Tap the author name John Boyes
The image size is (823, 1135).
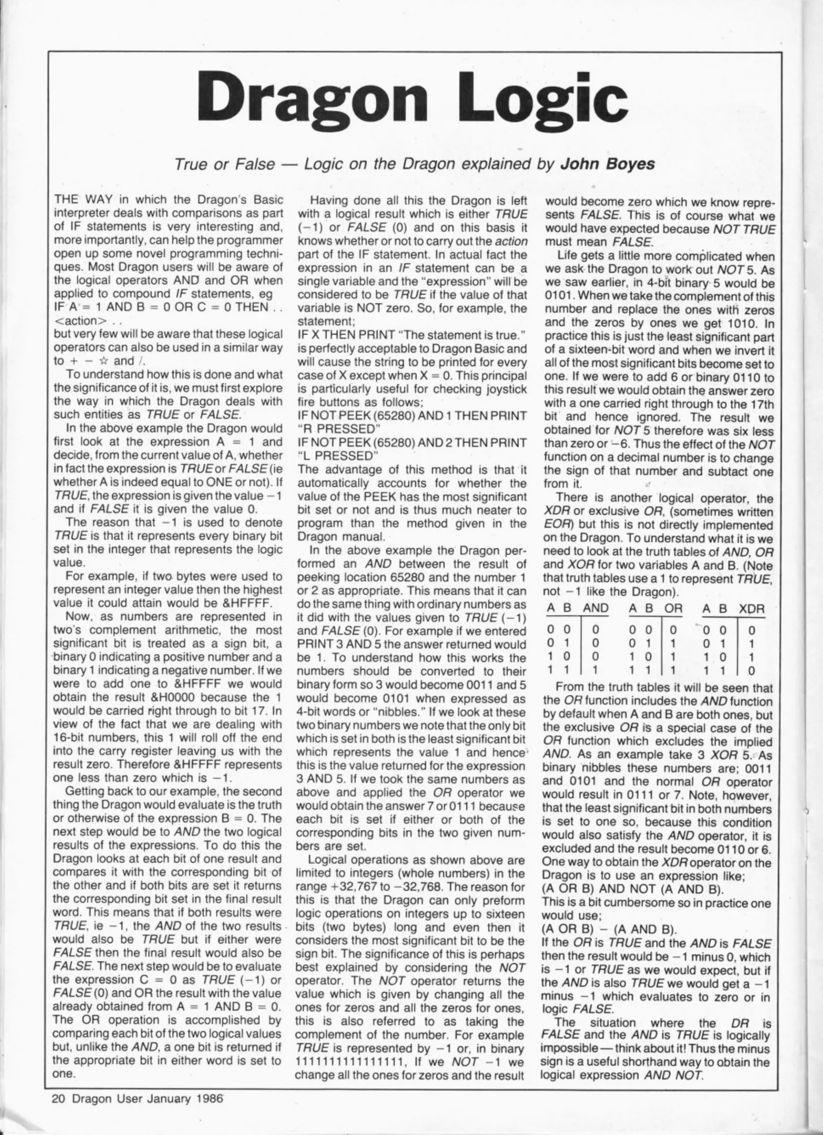click(608, 164)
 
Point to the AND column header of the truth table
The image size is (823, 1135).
click(596, 608)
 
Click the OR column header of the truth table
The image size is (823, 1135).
click(673, 608)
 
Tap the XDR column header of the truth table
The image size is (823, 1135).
click(752, 608)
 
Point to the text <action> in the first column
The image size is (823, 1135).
click(78, 321)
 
